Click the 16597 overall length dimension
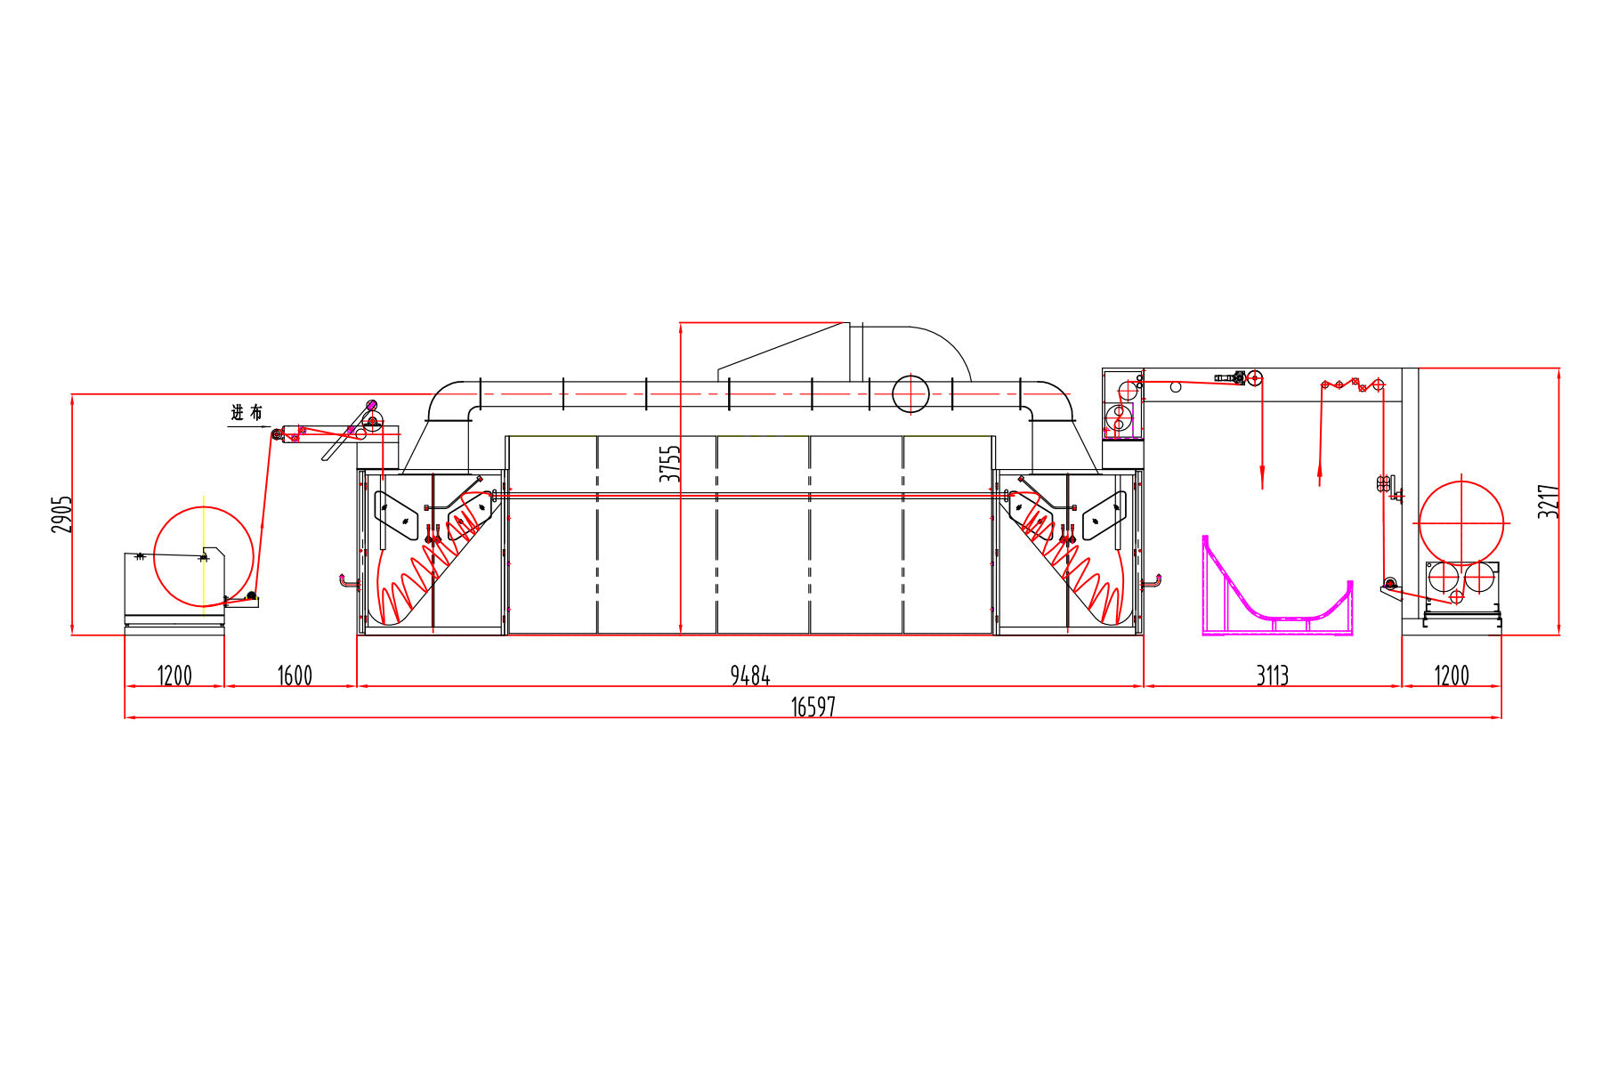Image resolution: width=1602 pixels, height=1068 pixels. pyautogui.click(x=813, y=707)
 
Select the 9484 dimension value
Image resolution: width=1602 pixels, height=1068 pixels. pyautogui.click(x=750, y=676)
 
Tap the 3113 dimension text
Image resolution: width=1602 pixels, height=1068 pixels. pyautogui.click(x=1273, y=676)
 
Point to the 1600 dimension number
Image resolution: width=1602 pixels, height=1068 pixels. pyautogui.click(x=295, y=676)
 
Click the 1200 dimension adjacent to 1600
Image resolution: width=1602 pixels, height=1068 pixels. pyautogui.click(x=174, y=676)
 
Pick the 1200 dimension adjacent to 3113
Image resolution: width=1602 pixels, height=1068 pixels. pyautogui.click(x=1452, y=676)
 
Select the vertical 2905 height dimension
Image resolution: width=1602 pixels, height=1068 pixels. pyautogui.click(x=61, y=514)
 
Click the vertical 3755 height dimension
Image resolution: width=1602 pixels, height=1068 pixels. pyautogui.click(x=669, y=464)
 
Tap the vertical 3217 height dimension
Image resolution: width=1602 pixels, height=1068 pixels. pyautogui.click(x=1549, y=501)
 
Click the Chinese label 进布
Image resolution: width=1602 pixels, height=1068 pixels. pyautogui.click(x=247, y=413)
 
